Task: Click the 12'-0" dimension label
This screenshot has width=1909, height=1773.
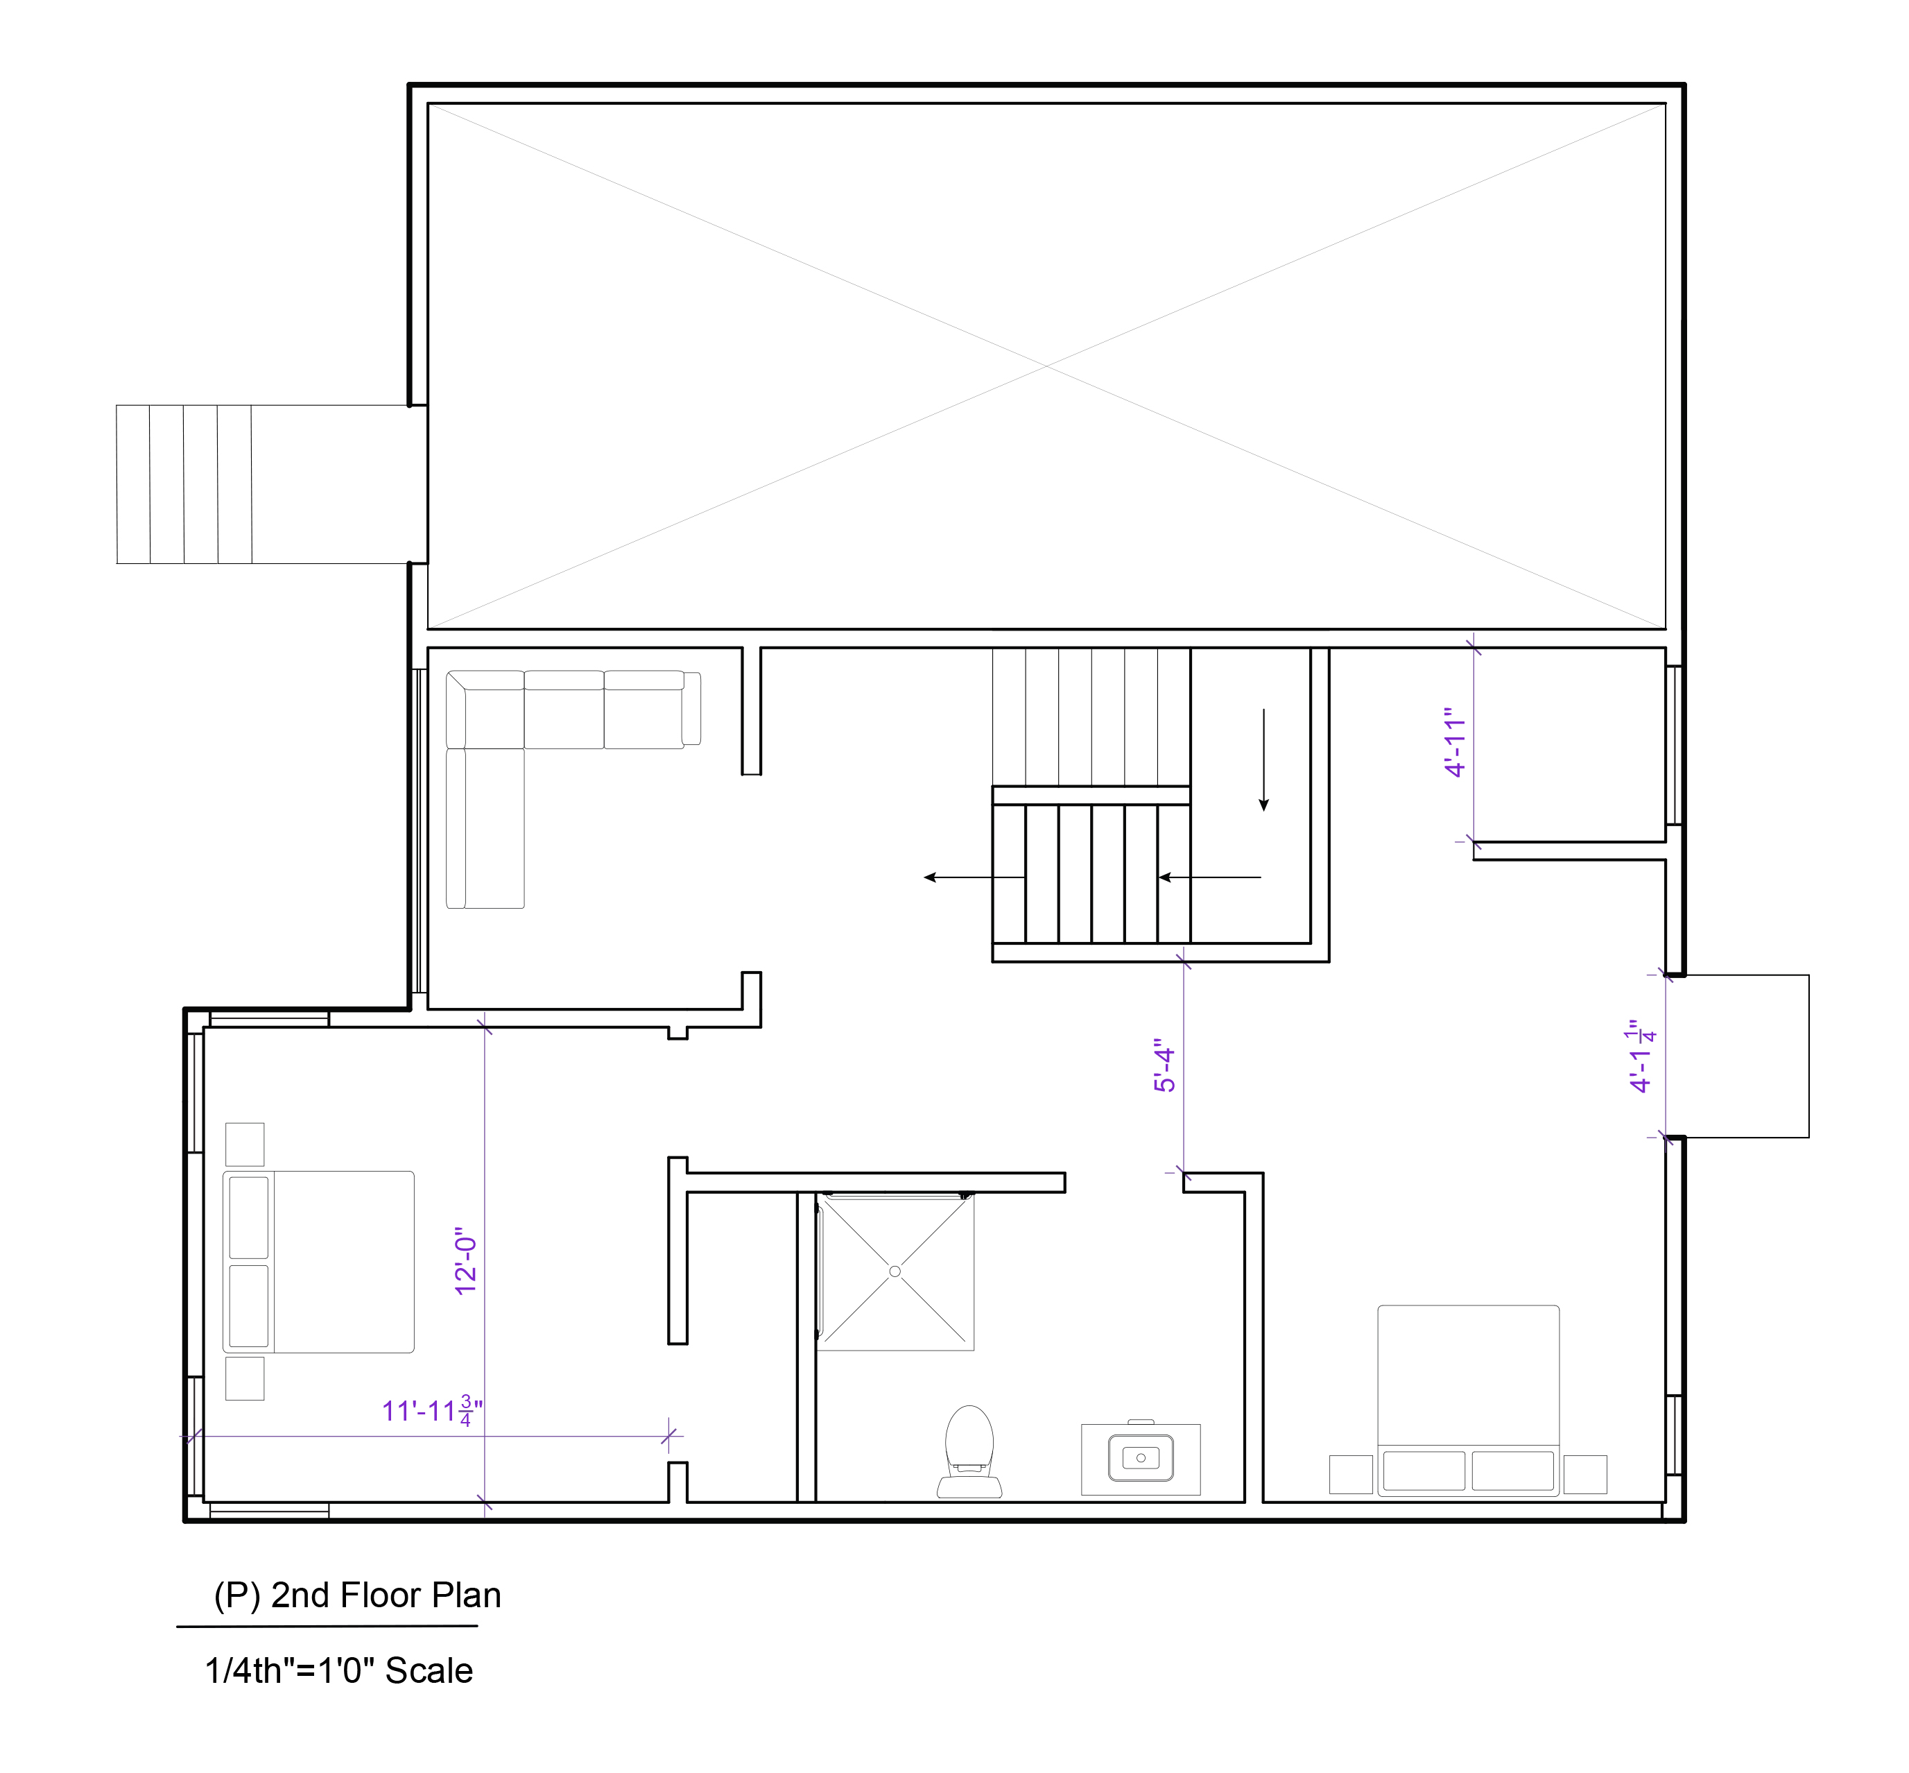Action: pos(466,1260)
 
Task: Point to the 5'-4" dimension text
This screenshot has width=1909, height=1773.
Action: pos(1164,1065)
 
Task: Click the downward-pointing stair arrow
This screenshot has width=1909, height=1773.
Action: pos(1263,760)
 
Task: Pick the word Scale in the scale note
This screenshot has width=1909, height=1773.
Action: pos(429,1670)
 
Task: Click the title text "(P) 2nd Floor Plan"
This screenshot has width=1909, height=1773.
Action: pos(357,1595)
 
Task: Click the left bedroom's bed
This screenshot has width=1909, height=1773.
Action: pos(318,1262)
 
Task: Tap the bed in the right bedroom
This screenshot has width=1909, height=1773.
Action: pos(1468,1400)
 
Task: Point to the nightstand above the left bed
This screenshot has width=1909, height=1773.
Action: pos(245,1145)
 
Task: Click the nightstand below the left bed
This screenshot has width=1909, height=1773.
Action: pos(245,1379)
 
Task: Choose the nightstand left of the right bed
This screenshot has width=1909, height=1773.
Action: pos(1351,1475)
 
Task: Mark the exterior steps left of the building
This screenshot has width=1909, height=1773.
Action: pos(184,483)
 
